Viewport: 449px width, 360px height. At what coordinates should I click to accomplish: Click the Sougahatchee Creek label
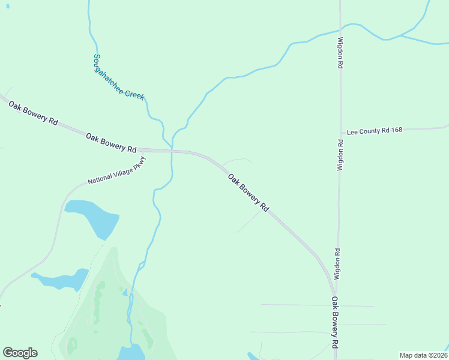(x=118, y=77)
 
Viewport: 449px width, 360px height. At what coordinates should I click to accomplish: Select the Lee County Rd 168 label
(x=374, y=130)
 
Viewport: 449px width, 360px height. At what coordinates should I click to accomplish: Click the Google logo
(x=20, y=353)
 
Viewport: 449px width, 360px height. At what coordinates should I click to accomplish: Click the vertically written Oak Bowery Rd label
(x=335, y=323)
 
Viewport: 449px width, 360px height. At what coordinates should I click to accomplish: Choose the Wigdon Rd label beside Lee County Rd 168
(x=340, y=155)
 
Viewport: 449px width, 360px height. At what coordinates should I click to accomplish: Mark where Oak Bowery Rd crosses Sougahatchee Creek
(x=172, y=151)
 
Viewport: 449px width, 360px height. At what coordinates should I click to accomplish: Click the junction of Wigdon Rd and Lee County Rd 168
(x=340, y=131)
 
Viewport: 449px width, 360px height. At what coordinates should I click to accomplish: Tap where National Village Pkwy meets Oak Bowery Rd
(x=144, y=151)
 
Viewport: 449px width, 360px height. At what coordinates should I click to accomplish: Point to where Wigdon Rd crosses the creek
(x=340, y=29)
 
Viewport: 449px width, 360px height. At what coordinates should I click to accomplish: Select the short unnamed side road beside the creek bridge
(x=237, y=160)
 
